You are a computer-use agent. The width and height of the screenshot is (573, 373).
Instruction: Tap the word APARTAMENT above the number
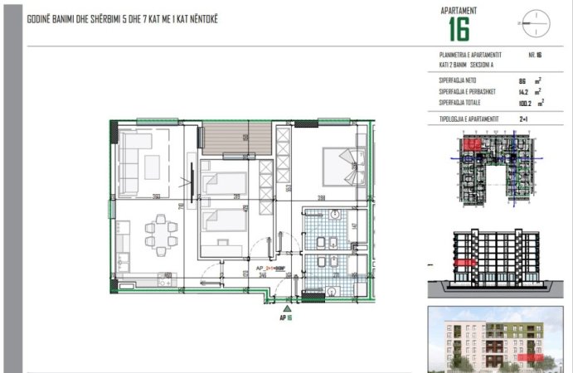coord(458,10)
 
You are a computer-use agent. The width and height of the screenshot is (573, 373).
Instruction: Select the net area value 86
coord(522,80)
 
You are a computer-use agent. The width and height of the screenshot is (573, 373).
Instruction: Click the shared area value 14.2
coord(522,91)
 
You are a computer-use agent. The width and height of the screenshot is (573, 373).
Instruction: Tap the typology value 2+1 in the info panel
coord(523,119)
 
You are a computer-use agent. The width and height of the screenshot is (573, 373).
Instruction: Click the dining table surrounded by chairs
coord(158,225)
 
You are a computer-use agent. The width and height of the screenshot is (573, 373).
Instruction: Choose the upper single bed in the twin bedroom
coord(225,182)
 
